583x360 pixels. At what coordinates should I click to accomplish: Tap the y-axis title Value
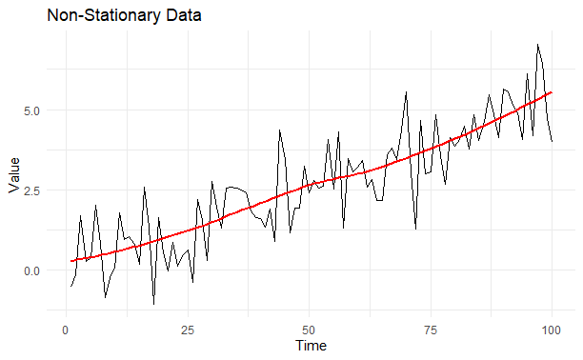[13, 175]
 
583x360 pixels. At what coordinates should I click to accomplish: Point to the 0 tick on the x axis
[65, 329]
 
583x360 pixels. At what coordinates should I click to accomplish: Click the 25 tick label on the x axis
[187, 329]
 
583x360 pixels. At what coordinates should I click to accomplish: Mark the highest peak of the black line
[537, 44]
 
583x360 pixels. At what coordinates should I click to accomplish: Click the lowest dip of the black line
[153, 304]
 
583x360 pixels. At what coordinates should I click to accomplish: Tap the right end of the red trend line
[552, 92]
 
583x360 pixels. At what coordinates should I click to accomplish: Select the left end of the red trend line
[70, 261]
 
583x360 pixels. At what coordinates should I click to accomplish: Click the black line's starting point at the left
[70, 287]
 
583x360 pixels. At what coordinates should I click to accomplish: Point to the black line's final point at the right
[552, 141]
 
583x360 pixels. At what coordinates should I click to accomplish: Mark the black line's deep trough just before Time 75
[415, 229]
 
